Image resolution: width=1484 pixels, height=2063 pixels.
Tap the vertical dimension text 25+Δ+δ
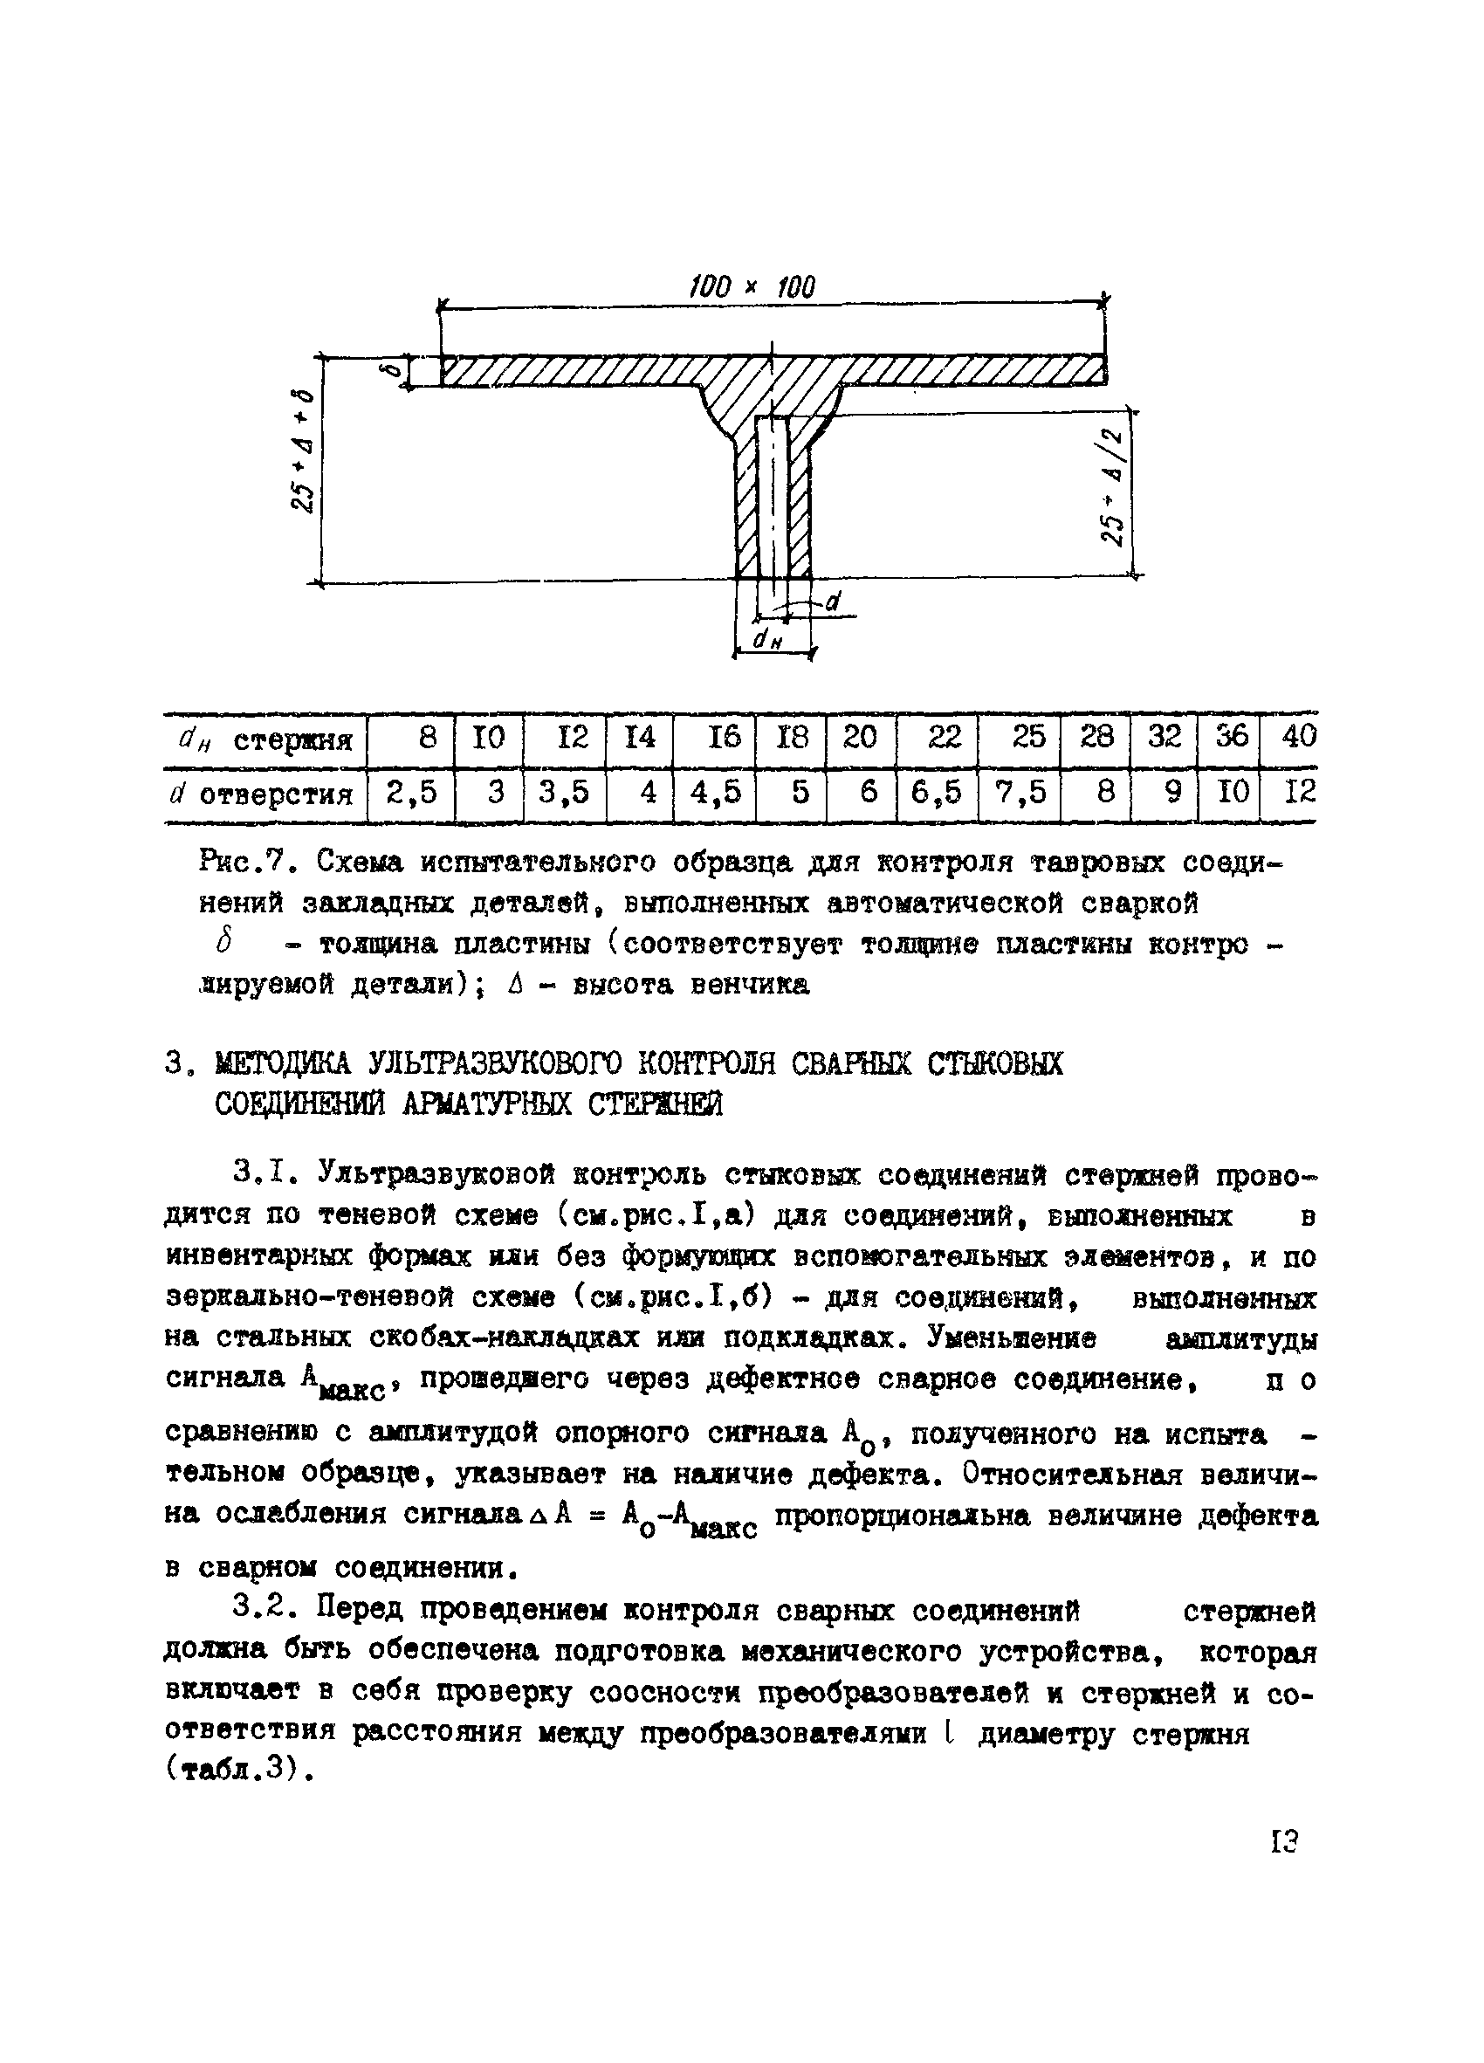pyautogui.click(x=304, y=451)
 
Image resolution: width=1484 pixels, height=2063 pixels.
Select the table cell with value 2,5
pyautogui.click(x=411, y=794)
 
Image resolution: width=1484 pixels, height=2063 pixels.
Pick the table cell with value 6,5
pyautogui.click(x=937, y=794)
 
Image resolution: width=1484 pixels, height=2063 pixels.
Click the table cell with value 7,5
pyautogui.click(x=1020, y=794)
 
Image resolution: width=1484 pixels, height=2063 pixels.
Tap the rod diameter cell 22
pyautogui.click(x=944, y=737)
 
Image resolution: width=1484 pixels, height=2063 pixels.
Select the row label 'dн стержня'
pyautogui.click(x=263, y=739)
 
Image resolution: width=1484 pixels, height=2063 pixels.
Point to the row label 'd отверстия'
pyautogui.click(x=263, y=795)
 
